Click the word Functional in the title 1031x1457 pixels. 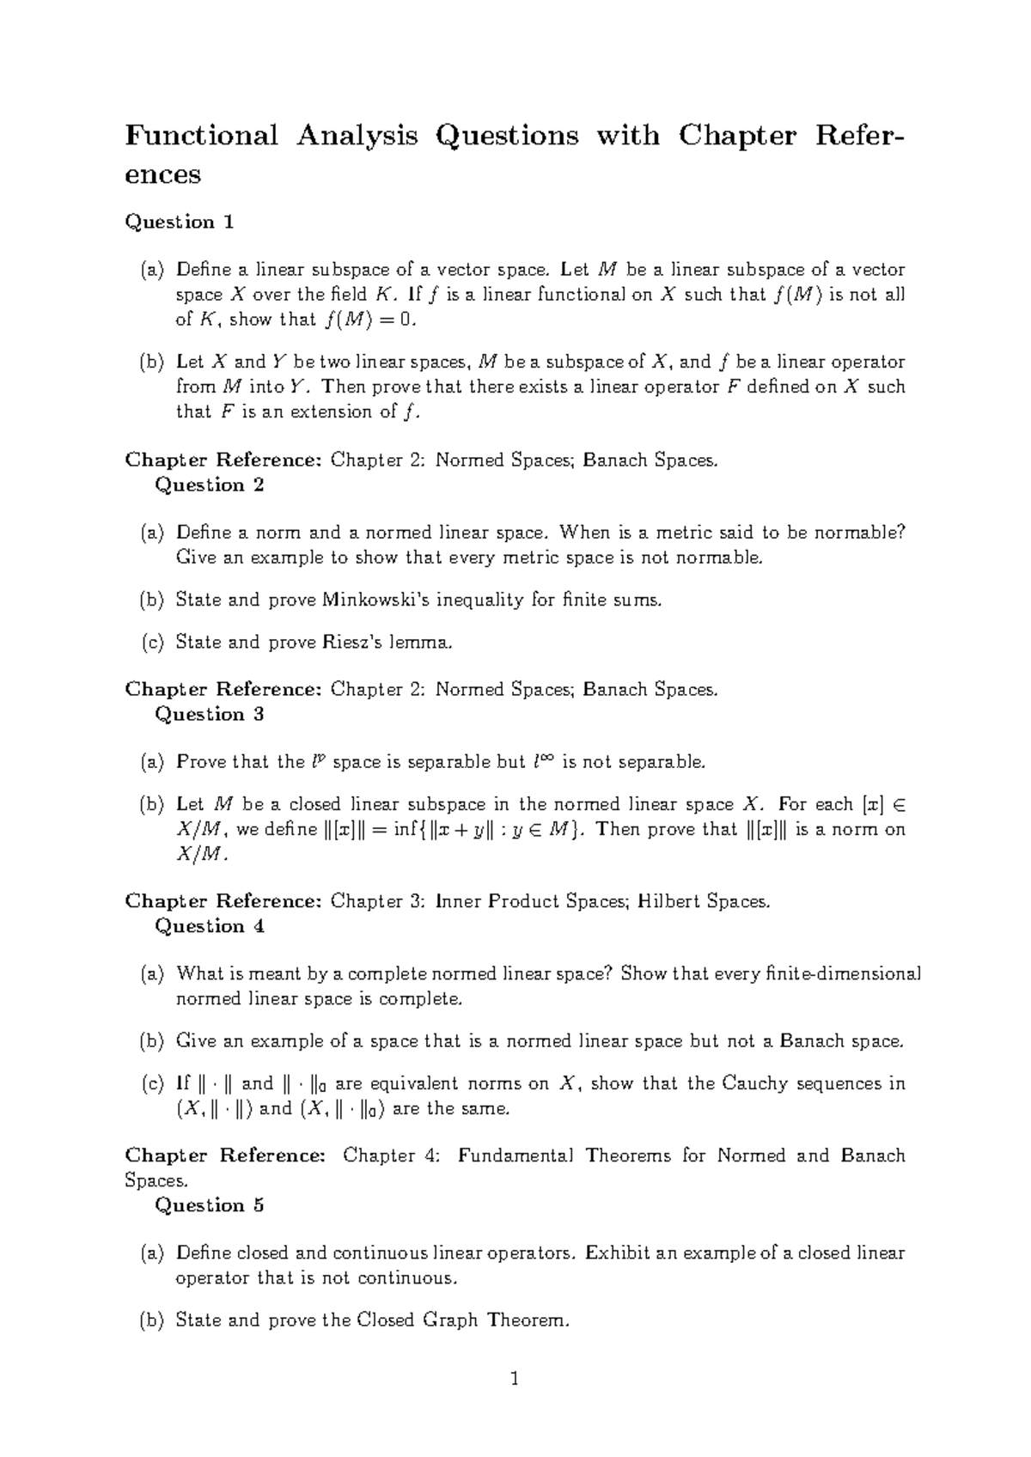click(x=202, y=136)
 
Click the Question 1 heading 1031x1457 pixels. click(x=180, y=222)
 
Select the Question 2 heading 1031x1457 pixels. click(x=209, y=485)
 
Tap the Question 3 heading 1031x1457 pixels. click(x=209, y=714)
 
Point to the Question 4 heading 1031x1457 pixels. click(x=209, y=926)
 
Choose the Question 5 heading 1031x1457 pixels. click(x=209, y=1205)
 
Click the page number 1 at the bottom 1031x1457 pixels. click(x=515, y=1380)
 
